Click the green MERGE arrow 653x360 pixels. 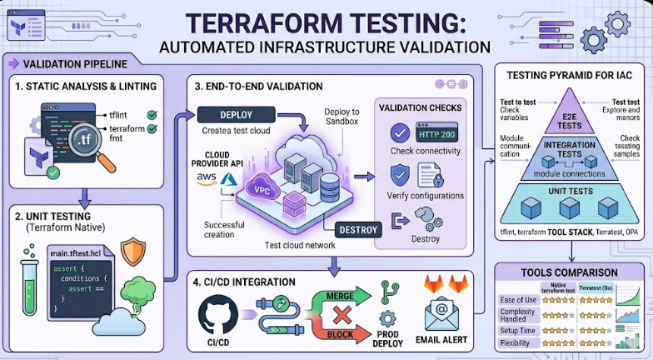pos(337,295)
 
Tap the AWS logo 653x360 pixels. pos(207,177)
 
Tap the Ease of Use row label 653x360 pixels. pos(517,300)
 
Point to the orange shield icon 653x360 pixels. pos(133,252)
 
